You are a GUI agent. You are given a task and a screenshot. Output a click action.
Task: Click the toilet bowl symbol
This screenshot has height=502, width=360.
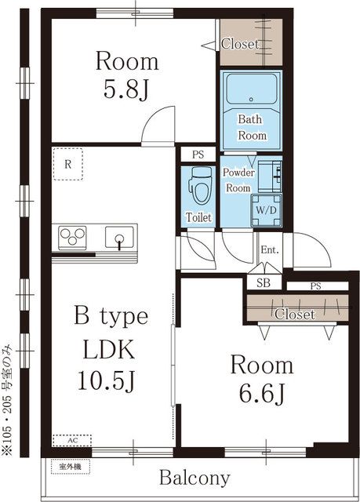201,186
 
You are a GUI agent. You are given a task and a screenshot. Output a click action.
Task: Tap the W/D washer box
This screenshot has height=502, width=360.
266,210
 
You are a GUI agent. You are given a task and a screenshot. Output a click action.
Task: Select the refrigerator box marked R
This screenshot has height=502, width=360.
67,164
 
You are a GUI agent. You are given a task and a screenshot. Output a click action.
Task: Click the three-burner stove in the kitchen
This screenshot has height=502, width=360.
72,238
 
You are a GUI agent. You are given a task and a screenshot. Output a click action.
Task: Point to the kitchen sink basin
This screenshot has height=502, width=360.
120,237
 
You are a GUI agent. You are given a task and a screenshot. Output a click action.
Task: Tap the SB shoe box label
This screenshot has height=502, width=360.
264,282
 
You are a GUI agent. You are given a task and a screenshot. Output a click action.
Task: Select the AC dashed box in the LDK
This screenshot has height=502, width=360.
72,441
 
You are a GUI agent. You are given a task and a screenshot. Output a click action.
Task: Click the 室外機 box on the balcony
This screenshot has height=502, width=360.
71,467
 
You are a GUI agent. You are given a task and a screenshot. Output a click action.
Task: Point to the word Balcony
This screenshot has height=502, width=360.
195,478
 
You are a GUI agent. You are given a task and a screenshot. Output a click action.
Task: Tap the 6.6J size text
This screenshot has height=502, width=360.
262,394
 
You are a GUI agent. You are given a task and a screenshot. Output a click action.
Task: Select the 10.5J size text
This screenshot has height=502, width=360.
107,380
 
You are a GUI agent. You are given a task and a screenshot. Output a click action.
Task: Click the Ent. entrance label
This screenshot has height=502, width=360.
270,249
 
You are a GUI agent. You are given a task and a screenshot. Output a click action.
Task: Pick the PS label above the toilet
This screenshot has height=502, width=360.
198,155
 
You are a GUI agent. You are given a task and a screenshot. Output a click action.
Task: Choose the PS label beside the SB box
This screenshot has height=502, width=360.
315,286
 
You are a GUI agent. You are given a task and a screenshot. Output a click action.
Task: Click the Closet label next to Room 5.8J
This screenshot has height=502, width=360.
240,44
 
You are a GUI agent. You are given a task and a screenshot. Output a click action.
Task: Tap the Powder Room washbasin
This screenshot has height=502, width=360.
270,176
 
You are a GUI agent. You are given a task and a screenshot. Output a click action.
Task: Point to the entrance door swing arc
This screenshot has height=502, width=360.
317,246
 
